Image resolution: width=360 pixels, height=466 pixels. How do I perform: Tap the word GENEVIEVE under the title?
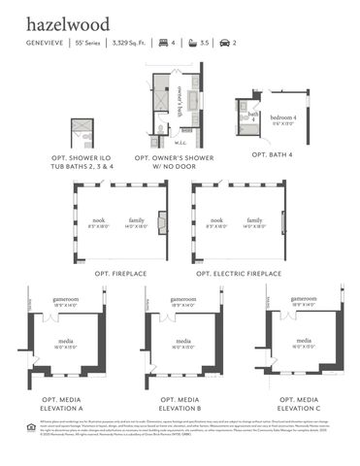(46, 44)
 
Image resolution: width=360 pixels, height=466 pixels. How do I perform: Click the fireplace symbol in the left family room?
(162, 222)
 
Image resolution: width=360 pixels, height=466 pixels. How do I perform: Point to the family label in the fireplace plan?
(137, 220)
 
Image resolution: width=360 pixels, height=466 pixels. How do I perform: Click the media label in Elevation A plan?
(65, 342)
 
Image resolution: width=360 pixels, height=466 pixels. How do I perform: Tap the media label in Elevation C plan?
(303, 341)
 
